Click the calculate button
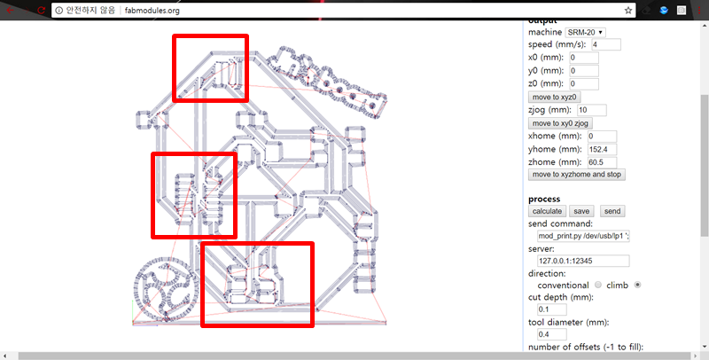click(x=547, y=211)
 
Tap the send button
click(x=612, y=211)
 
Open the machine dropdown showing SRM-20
click(x=586, y=33)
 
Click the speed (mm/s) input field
click(x=606, y=44)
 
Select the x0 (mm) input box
click(x=584, y=58)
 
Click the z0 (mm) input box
click(x=584, y=83)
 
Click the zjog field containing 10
click(x=592, y=110)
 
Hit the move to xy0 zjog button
click(x=560, y=123)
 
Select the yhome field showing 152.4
click(x=603, y=149)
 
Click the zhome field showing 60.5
click(x=603, y=162)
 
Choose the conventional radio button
click(x=598, y=285)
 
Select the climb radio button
click(x=637, y=285)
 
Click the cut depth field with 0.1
click(x=551, y=309)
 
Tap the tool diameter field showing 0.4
click(x=551, y=334)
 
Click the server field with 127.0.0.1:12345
click(x=583, y=261)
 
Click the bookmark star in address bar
click(x=628, y=11)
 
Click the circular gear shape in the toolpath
click(x=166, y=288)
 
